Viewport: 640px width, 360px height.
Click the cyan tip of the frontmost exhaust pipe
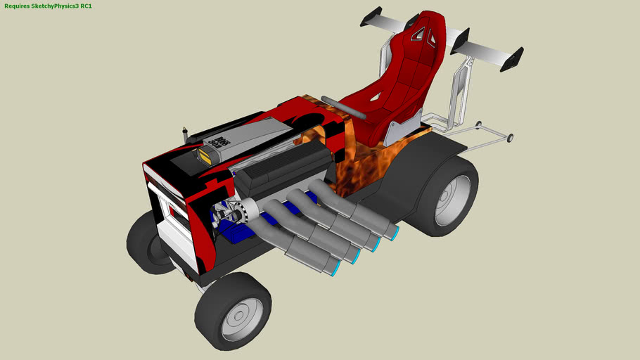coord(337,268)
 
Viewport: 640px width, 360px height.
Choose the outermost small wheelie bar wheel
coord(510,137)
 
